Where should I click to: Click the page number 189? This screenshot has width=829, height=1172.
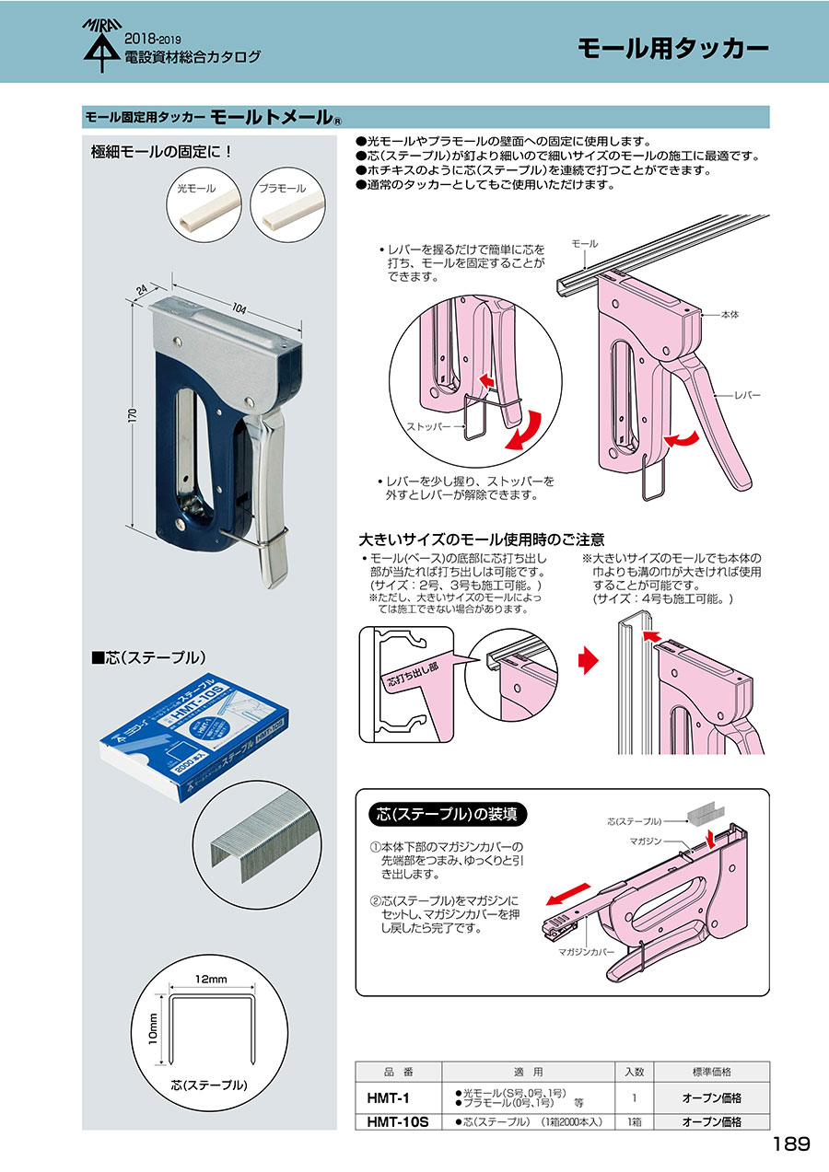(x=791, y=1144)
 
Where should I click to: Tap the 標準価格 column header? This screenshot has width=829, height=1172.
(x=711, y=1072)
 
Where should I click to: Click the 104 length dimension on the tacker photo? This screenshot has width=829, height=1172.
(x=238, y=308)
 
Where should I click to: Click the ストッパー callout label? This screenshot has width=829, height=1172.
(x=428, y=428)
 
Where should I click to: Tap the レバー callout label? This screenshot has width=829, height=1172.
(x=747, y=393)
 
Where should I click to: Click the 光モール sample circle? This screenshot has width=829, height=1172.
(x=203, y=206)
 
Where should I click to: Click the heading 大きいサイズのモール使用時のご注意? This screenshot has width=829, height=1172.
(x=481, y=540)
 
